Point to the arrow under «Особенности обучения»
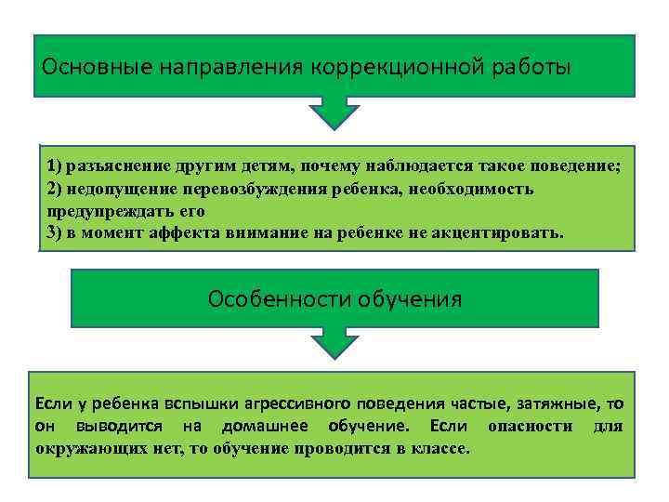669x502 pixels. [334, 343]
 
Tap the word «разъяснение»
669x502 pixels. [117, 166]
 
